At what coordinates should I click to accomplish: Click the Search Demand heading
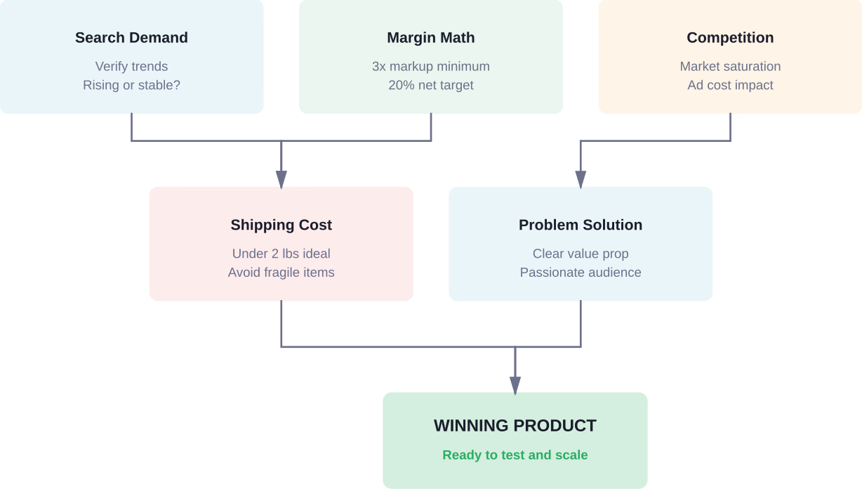[131, 38]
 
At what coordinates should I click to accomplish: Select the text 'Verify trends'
[131, 66]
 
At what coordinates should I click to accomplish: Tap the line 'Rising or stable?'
[131, 85]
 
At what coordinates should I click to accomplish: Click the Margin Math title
[430, 38]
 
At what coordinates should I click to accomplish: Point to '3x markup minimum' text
[430, 66]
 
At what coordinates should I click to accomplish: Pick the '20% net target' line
[430, 85]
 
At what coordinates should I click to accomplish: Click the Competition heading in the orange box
[730, 38]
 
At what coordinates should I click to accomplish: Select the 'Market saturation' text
[730, 66]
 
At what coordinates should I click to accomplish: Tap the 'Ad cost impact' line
[730, 85]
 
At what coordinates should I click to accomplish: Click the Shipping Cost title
[281, 225]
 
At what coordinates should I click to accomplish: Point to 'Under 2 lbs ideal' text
[281, 254]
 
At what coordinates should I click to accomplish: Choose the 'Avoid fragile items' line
[281, 272]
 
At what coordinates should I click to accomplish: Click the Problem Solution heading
[581, 225]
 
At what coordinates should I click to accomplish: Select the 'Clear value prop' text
[581, 254]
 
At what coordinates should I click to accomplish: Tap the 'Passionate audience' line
[581, 272]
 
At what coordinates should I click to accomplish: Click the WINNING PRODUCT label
[515, 426]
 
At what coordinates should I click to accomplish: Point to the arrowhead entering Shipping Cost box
[281, 179]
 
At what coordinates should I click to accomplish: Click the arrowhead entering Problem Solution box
[581, 179]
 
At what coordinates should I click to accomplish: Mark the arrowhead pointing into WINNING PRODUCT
[515, 385]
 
